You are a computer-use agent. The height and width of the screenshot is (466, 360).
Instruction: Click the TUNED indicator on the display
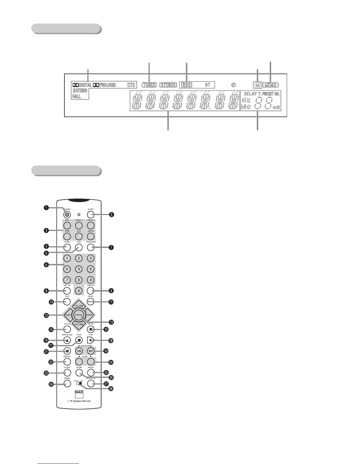149,85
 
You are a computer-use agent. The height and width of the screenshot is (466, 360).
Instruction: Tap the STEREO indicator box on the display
168,85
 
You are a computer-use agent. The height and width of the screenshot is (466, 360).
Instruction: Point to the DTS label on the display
131,85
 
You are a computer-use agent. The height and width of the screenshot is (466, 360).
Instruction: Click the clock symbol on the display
234,85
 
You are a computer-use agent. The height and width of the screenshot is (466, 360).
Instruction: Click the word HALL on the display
76,96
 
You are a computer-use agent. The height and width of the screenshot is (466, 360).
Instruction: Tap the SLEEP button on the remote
91,214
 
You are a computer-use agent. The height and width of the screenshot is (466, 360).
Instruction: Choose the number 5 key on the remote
79,269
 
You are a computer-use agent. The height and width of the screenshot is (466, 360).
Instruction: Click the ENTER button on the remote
79,315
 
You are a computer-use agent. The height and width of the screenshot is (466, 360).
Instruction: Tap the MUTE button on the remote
91,329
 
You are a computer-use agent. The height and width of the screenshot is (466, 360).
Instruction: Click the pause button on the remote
67,351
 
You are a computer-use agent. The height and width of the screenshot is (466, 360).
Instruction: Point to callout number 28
111,389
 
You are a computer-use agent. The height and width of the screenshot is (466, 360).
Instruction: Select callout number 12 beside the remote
46,315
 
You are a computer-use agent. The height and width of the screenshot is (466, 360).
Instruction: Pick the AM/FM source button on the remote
91,236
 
